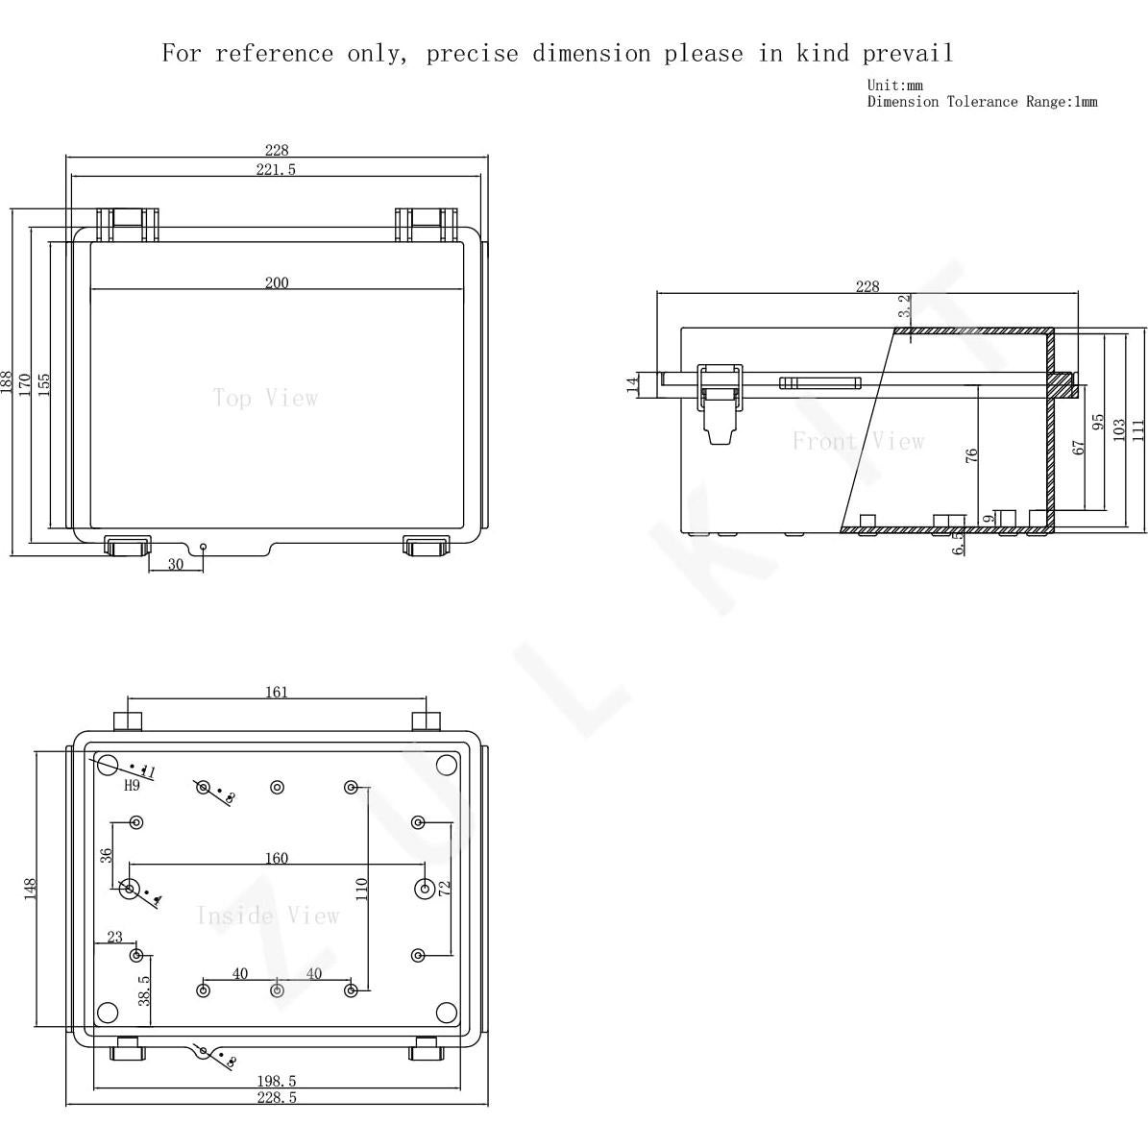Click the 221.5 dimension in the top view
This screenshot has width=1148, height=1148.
[276, 169]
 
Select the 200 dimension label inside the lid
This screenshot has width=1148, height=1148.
[276, 282]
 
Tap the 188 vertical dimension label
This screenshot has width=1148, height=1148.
[8, 382]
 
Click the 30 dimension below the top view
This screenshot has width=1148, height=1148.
[175, 564]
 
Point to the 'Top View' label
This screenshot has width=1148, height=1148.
[265, 398]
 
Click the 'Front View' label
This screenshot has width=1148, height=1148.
[858, 441]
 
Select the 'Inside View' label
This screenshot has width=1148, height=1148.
[268, 916]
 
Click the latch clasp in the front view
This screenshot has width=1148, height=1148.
[721, 403]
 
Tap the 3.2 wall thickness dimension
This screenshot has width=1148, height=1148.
[903, 306]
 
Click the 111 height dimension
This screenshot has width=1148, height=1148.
[1138, 428]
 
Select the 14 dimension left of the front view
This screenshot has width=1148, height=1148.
[632, 384]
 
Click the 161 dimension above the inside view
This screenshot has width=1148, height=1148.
[276, 692]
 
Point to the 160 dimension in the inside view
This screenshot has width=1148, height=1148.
[276, 858]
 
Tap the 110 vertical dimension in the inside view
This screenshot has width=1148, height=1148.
[361, 889]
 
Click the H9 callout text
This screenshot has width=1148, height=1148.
[132, 785]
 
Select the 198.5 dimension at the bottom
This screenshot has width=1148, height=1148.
[276, 1082]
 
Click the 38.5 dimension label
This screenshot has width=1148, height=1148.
[144, 989]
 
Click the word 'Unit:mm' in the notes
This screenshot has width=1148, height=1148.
[894, 85]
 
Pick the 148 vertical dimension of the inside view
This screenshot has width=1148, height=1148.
[31, 889]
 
